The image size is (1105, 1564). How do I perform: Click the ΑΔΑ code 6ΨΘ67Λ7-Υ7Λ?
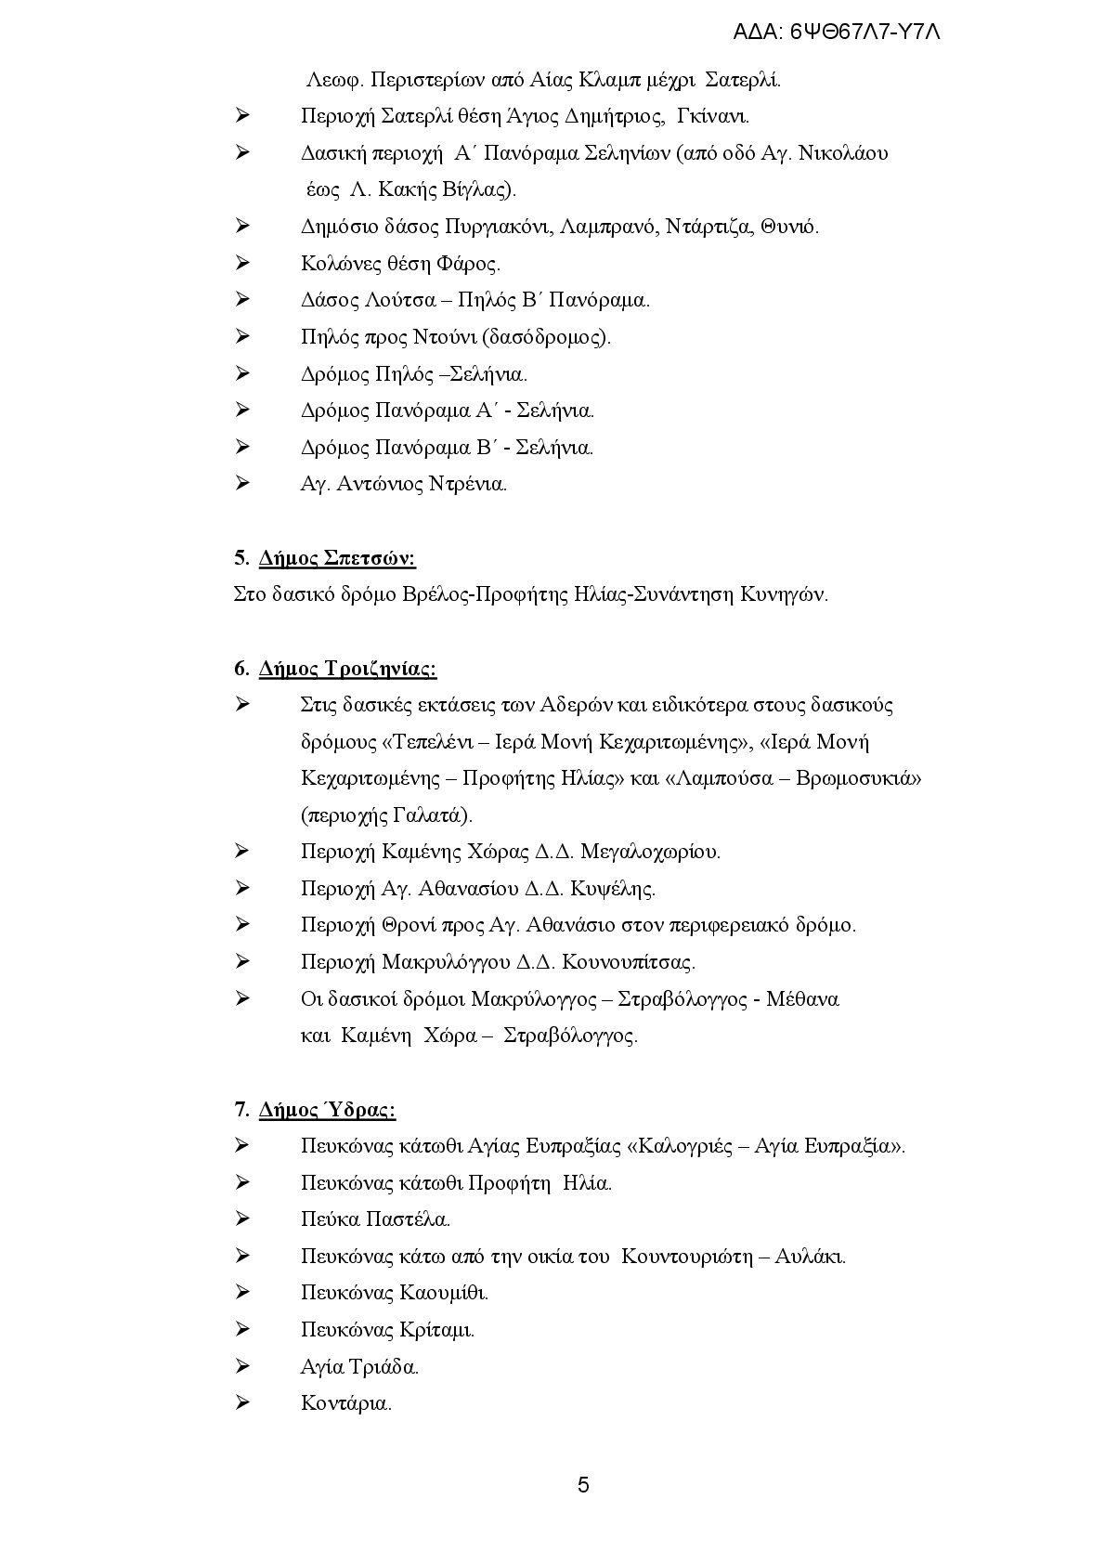(837, 32)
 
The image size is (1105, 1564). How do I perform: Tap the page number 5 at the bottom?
(583, 1485)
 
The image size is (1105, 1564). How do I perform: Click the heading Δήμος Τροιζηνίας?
(348, 669)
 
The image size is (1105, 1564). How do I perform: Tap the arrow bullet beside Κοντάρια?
(242, 1403)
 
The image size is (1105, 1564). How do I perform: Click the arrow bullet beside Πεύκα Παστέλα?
(242, 1219)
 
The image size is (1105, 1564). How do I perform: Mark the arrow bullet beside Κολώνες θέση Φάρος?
(242, 264)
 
